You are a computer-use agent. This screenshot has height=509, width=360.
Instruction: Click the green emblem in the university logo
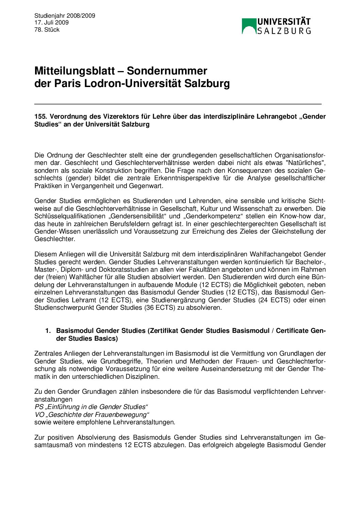[x=249, y=26]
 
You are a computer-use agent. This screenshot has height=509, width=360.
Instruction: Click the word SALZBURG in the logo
[x=284, y=31]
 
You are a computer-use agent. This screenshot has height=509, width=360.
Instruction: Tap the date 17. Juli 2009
[x=51, y=22]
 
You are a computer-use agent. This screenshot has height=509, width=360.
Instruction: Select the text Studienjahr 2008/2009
[x=65, y=16]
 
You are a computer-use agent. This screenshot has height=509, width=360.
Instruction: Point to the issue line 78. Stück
[x=47, y=30]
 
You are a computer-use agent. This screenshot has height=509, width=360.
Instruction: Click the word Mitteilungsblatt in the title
[x=75, y=71]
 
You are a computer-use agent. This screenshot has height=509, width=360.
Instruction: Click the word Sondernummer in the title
[x=167, y=71]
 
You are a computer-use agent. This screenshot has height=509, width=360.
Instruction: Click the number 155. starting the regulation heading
[x=40, y=116]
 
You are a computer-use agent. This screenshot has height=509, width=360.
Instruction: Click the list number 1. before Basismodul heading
[x=48, y=330]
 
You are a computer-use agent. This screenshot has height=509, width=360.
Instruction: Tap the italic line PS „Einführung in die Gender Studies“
[x=91, y=407]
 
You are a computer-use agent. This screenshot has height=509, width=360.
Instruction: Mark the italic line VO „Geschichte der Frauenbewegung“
[x=92, y=414]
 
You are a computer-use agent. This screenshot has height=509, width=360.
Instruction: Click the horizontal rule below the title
[x=178, y=103]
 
